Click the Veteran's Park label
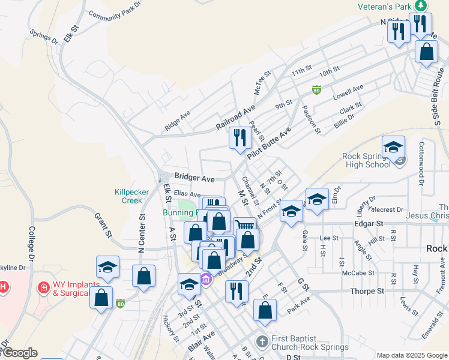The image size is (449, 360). [x=384, y=6]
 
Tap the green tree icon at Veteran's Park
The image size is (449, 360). [x=421, y=5]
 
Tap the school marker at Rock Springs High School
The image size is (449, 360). [x=393, y=147]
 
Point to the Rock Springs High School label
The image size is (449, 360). [x=366, y=160]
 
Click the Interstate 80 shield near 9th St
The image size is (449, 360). [x=316, y=90]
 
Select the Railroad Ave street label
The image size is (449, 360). [x=236, y=118]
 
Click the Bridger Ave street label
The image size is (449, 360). [x=194, y=178]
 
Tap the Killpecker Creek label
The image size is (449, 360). [x=128, y=196]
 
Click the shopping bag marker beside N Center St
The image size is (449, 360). [x=143, y=277]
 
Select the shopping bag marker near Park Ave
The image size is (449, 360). [x=265, y=310]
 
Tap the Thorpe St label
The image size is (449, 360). [x=367, y=291]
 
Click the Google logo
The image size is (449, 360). [x=19, y=353]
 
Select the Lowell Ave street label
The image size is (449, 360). [x=349, y=92]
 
